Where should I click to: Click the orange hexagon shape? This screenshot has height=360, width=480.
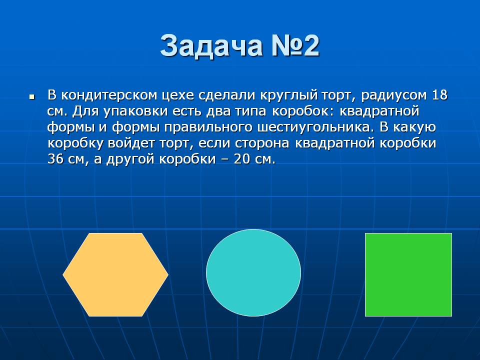[x=115, y=274]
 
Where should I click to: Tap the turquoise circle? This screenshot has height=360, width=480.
[x=253, y=272]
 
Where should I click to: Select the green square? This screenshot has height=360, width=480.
[x=408, y=274]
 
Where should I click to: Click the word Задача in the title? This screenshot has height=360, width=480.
[x=211, y=46]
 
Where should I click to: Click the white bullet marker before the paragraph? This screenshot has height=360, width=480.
[x=32, y=97]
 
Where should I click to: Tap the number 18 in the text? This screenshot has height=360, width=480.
[x=439, y=95]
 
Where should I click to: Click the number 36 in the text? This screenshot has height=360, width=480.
[x=55, y=159]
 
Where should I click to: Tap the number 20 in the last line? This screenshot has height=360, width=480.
[x=241, y=159]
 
